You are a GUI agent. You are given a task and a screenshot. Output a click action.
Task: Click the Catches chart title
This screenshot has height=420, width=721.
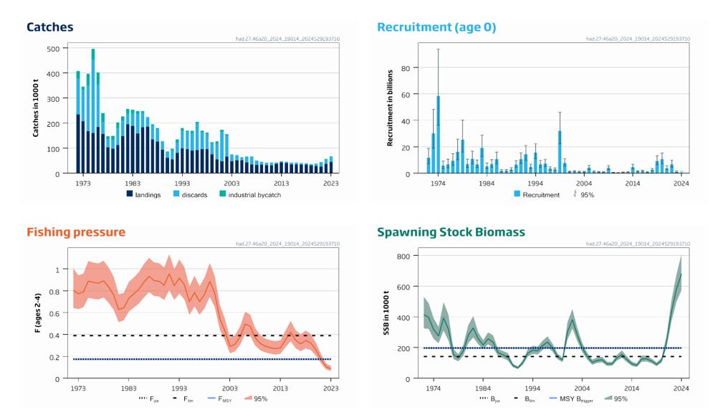(49, 27)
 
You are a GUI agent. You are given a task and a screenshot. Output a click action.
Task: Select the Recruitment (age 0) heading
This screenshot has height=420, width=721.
(436, 27)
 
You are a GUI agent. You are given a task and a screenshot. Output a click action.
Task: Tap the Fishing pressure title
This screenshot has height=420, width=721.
(76, 232)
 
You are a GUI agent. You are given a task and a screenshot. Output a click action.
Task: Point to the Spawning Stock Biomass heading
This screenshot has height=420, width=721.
(452, 232)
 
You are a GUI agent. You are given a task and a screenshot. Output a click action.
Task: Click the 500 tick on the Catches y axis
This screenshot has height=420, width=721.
(53, 49)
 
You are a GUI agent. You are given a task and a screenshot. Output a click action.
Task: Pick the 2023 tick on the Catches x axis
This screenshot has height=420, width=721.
(331, 183)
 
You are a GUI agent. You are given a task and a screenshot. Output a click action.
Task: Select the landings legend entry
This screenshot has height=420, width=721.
(144, 194)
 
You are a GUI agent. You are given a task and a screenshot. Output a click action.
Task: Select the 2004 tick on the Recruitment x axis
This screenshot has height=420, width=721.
(583, 183)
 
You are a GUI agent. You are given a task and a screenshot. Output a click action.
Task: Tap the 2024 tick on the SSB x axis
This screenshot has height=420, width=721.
(681, 388)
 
